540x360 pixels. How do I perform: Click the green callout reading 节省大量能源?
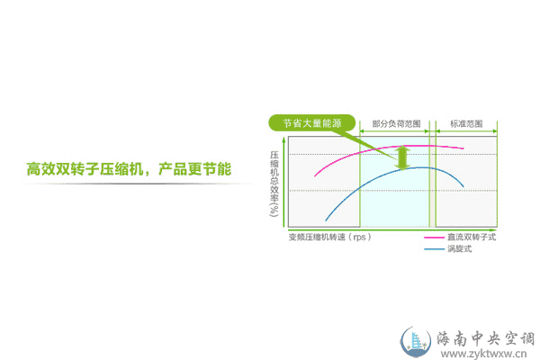(311, 123)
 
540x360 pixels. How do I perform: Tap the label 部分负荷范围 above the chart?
(396, 123)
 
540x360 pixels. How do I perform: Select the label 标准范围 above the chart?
(466, 123)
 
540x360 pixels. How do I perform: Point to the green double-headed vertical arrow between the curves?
(402, 157)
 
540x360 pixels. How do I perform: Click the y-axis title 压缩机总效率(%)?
(274, 184)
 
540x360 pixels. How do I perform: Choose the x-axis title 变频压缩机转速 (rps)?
(330, 237)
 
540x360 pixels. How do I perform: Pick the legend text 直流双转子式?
(472, 237)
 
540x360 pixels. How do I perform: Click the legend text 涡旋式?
(459, 248)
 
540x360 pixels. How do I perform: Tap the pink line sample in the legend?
(435, 238)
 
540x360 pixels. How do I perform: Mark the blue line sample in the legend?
(435, 248)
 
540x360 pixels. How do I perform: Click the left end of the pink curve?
(315, 176)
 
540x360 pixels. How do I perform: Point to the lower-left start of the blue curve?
(326, 220)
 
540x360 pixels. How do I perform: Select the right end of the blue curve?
(463, 186)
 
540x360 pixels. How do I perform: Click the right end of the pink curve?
(463, 148)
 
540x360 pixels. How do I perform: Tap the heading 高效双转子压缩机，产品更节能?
(129, 169)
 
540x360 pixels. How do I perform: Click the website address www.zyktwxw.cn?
(483, 354)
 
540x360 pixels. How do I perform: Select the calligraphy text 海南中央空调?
(486, 338)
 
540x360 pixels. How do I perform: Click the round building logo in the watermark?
(416, 342)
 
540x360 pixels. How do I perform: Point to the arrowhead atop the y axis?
(283, 139)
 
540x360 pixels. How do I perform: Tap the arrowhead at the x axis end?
(494, 229)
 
